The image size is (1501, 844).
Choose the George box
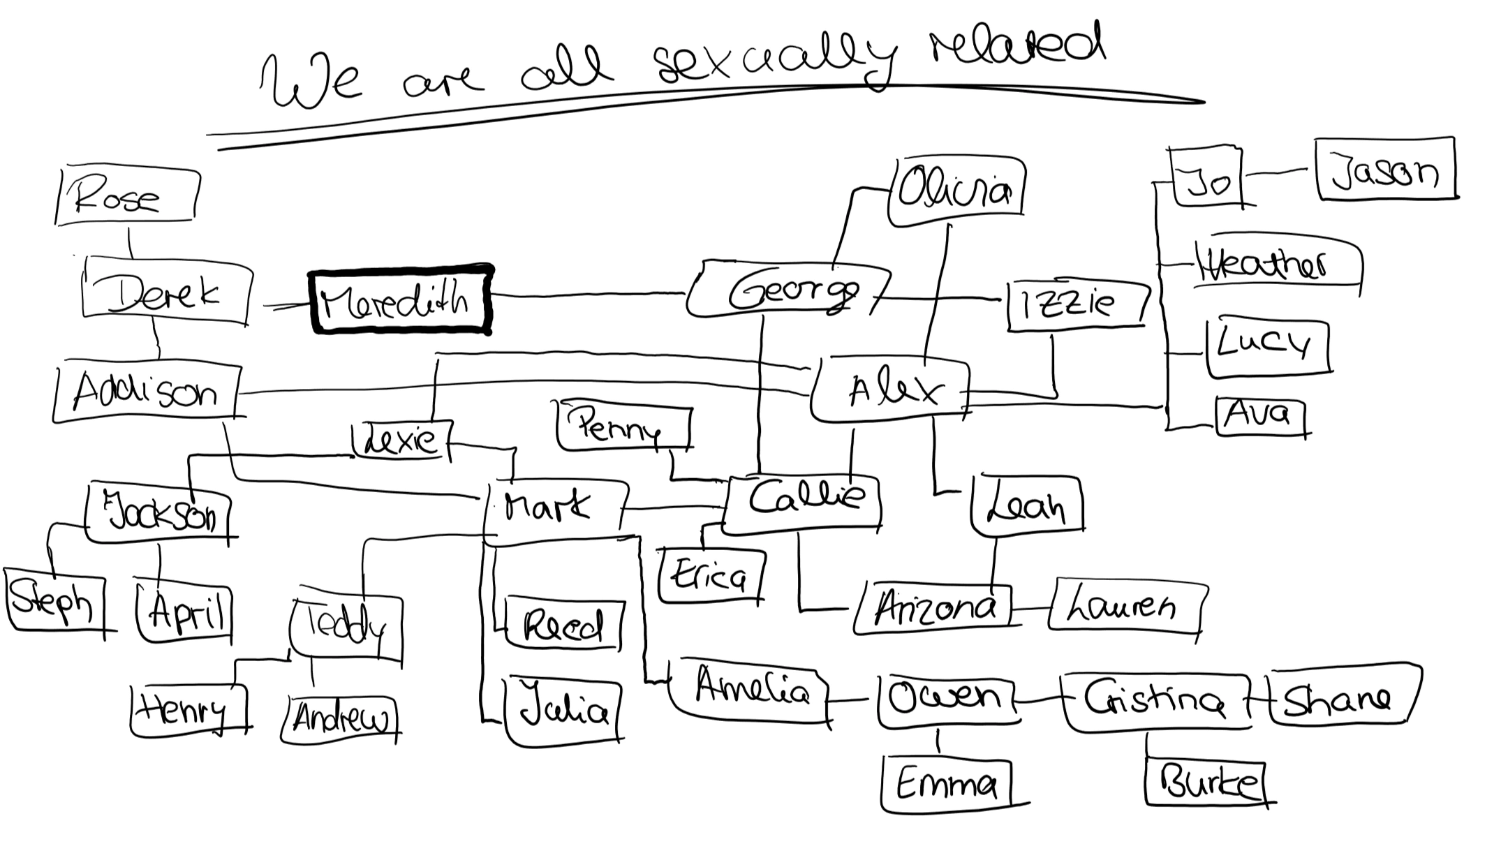pos(789,290)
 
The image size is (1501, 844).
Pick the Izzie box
pos(1075,304)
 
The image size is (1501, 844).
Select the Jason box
pos(1385,170)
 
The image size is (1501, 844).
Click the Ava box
pos(1259,415)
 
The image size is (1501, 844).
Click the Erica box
pos(711,575)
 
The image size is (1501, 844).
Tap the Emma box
pos(945,785)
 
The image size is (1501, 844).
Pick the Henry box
pos(188,711)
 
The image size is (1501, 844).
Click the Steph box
pos(54,600)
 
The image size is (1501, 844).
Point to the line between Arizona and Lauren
pos(1030,609)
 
